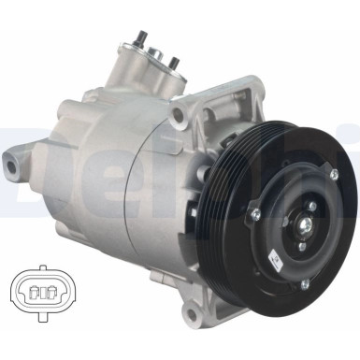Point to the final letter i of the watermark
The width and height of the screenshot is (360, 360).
[x=353, y=154]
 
